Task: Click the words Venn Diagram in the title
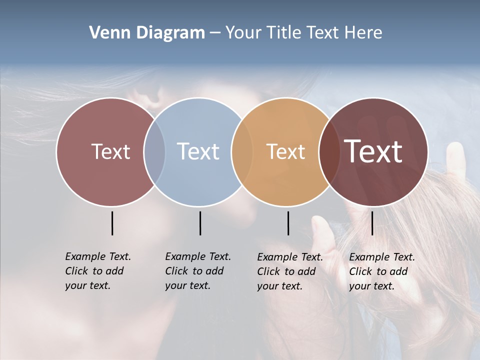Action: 147,33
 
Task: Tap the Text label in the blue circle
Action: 198,151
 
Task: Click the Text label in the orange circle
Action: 285,151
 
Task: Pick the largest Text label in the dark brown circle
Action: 373,151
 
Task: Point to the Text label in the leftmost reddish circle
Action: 110,151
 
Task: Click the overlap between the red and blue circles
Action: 154,151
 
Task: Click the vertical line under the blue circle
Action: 200,223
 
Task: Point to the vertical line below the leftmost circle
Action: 112,223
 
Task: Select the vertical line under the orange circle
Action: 288,223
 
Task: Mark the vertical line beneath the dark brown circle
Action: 372,223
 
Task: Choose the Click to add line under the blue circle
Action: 194,271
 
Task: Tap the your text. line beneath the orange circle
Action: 280,286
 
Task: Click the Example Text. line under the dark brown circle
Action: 382,257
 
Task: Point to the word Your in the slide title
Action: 243,33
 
